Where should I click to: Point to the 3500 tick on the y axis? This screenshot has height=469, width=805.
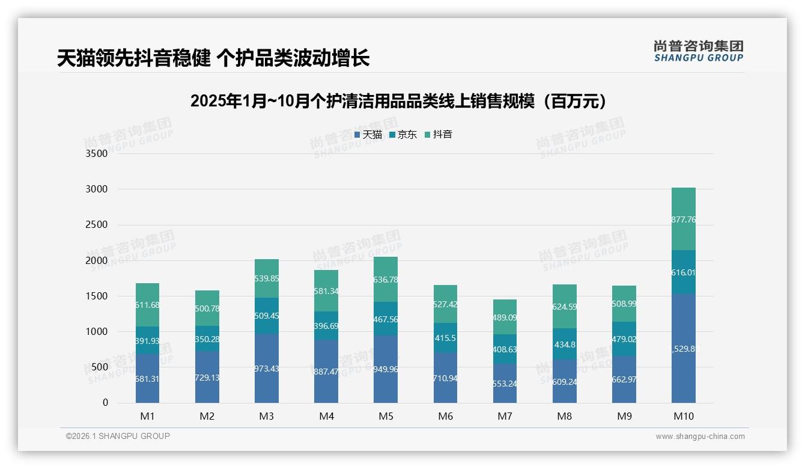[97, 154]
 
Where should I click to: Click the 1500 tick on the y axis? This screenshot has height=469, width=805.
[97, 296]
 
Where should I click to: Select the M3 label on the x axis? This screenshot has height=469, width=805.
[267, 417]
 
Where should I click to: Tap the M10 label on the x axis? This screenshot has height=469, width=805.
[684, 417]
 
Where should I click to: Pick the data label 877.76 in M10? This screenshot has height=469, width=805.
[684, 219]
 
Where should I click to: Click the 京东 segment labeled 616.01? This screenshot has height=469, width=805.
[684, 272]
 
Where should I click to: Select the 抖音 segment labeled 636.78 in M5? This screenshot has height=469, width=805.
[386, 280]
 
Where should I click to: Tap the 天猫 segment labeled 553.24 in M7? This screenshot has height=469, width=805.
[505, 384]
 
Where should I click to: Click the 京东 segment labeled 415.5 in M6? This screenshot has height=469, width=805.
[445, 338]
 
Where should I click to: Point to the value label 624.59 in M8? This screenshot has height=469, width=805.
[564, 307]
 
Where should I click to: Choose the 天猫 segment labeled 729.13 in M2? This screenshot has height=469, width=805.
[207, 378]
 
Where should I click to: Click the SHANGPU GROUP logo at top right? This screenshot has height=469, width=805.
[698, 51]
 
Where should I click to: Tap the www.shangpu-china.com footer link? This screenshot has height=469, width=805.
[700, 437]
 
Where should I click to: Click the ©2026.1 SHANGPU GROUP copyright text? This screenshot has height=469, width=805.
[118, 436]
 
